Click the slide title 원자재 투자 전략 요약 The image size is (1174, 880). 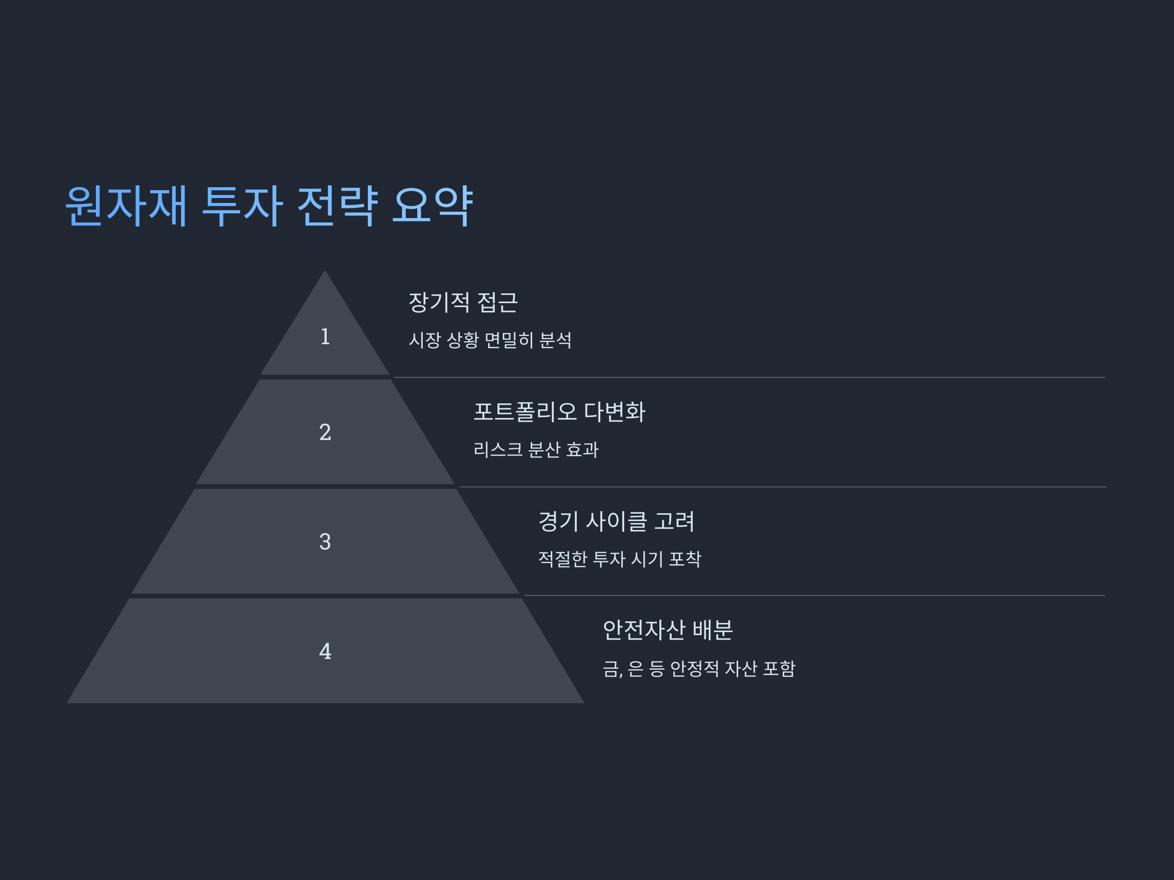269,206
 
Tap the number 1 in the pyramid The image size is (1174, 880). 325,337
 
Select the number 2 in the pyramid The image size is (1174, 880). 325,432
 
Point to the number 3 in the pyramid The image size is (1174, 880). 325,542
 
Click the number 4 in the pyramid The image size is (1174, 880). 325,651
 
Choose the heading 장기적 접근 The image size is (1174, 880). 463,302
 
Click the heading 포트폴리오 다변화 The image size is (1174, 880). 560,412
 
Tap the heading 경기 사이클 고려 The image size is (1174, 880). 616,521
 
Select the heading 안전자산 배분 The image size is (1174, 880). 668,630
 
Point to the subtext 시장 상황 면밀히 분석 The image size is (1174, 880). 490,340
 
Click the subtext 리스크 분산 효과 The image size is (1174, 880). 536,449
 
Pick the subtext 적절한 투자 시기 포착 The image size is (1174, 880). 619,558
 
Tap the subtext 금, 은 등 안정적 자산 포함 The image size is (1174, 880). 699,668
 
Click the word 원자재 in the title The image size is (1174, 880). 126,206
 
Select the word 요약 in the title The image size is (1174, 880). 432,206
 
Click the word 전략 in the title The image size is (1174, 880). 337,206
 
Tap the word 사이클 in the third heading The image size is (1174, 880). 616,521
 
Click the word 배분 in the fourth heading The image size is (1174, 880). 713,630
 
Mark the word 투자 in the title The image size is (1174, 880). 242,206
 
